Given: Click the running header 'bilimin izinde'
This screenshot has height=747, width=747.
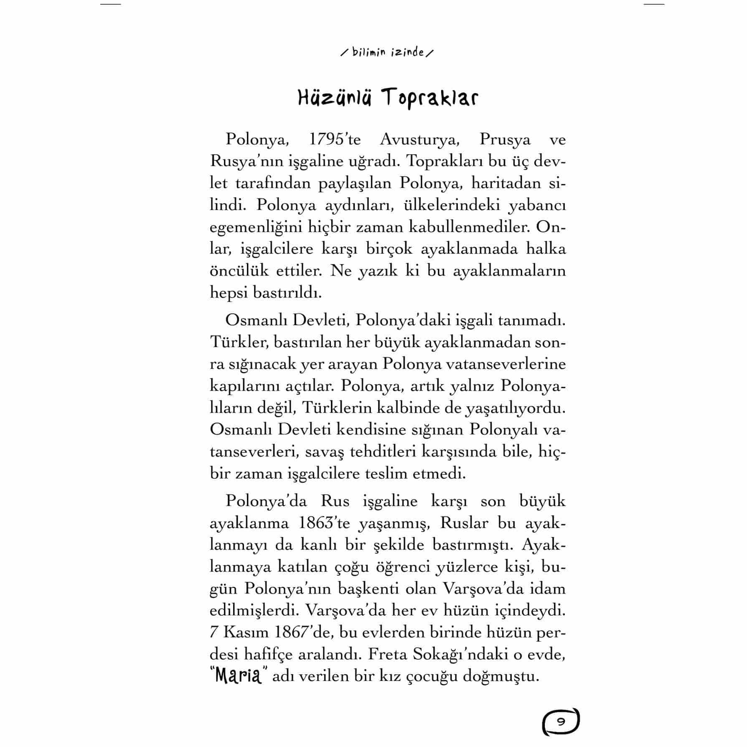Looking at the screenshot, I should pyautogui.click(x=387, y=53).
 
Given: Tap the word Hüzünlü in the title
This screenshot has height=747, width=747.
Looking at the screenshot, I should pyautogui.click(x=334, y=99).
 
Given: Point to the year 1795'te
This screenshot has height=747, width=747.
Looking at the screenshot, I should pyautogui.click(x=335, y=139).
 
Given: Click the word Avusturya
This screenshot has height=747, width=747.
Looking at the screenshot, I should pyautogui.click(x=419, y=140).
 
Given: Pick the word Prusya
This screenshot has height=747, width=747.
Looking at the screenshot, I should pyautogui.click(x=505, y=140).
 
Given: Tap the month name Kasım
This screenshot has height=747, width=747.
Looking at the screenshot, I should pyautogui.click(x=245, y=632).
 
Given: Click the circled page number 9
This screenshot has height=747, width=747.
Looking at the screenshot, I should pyautogui.click(x=561, y=722).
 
